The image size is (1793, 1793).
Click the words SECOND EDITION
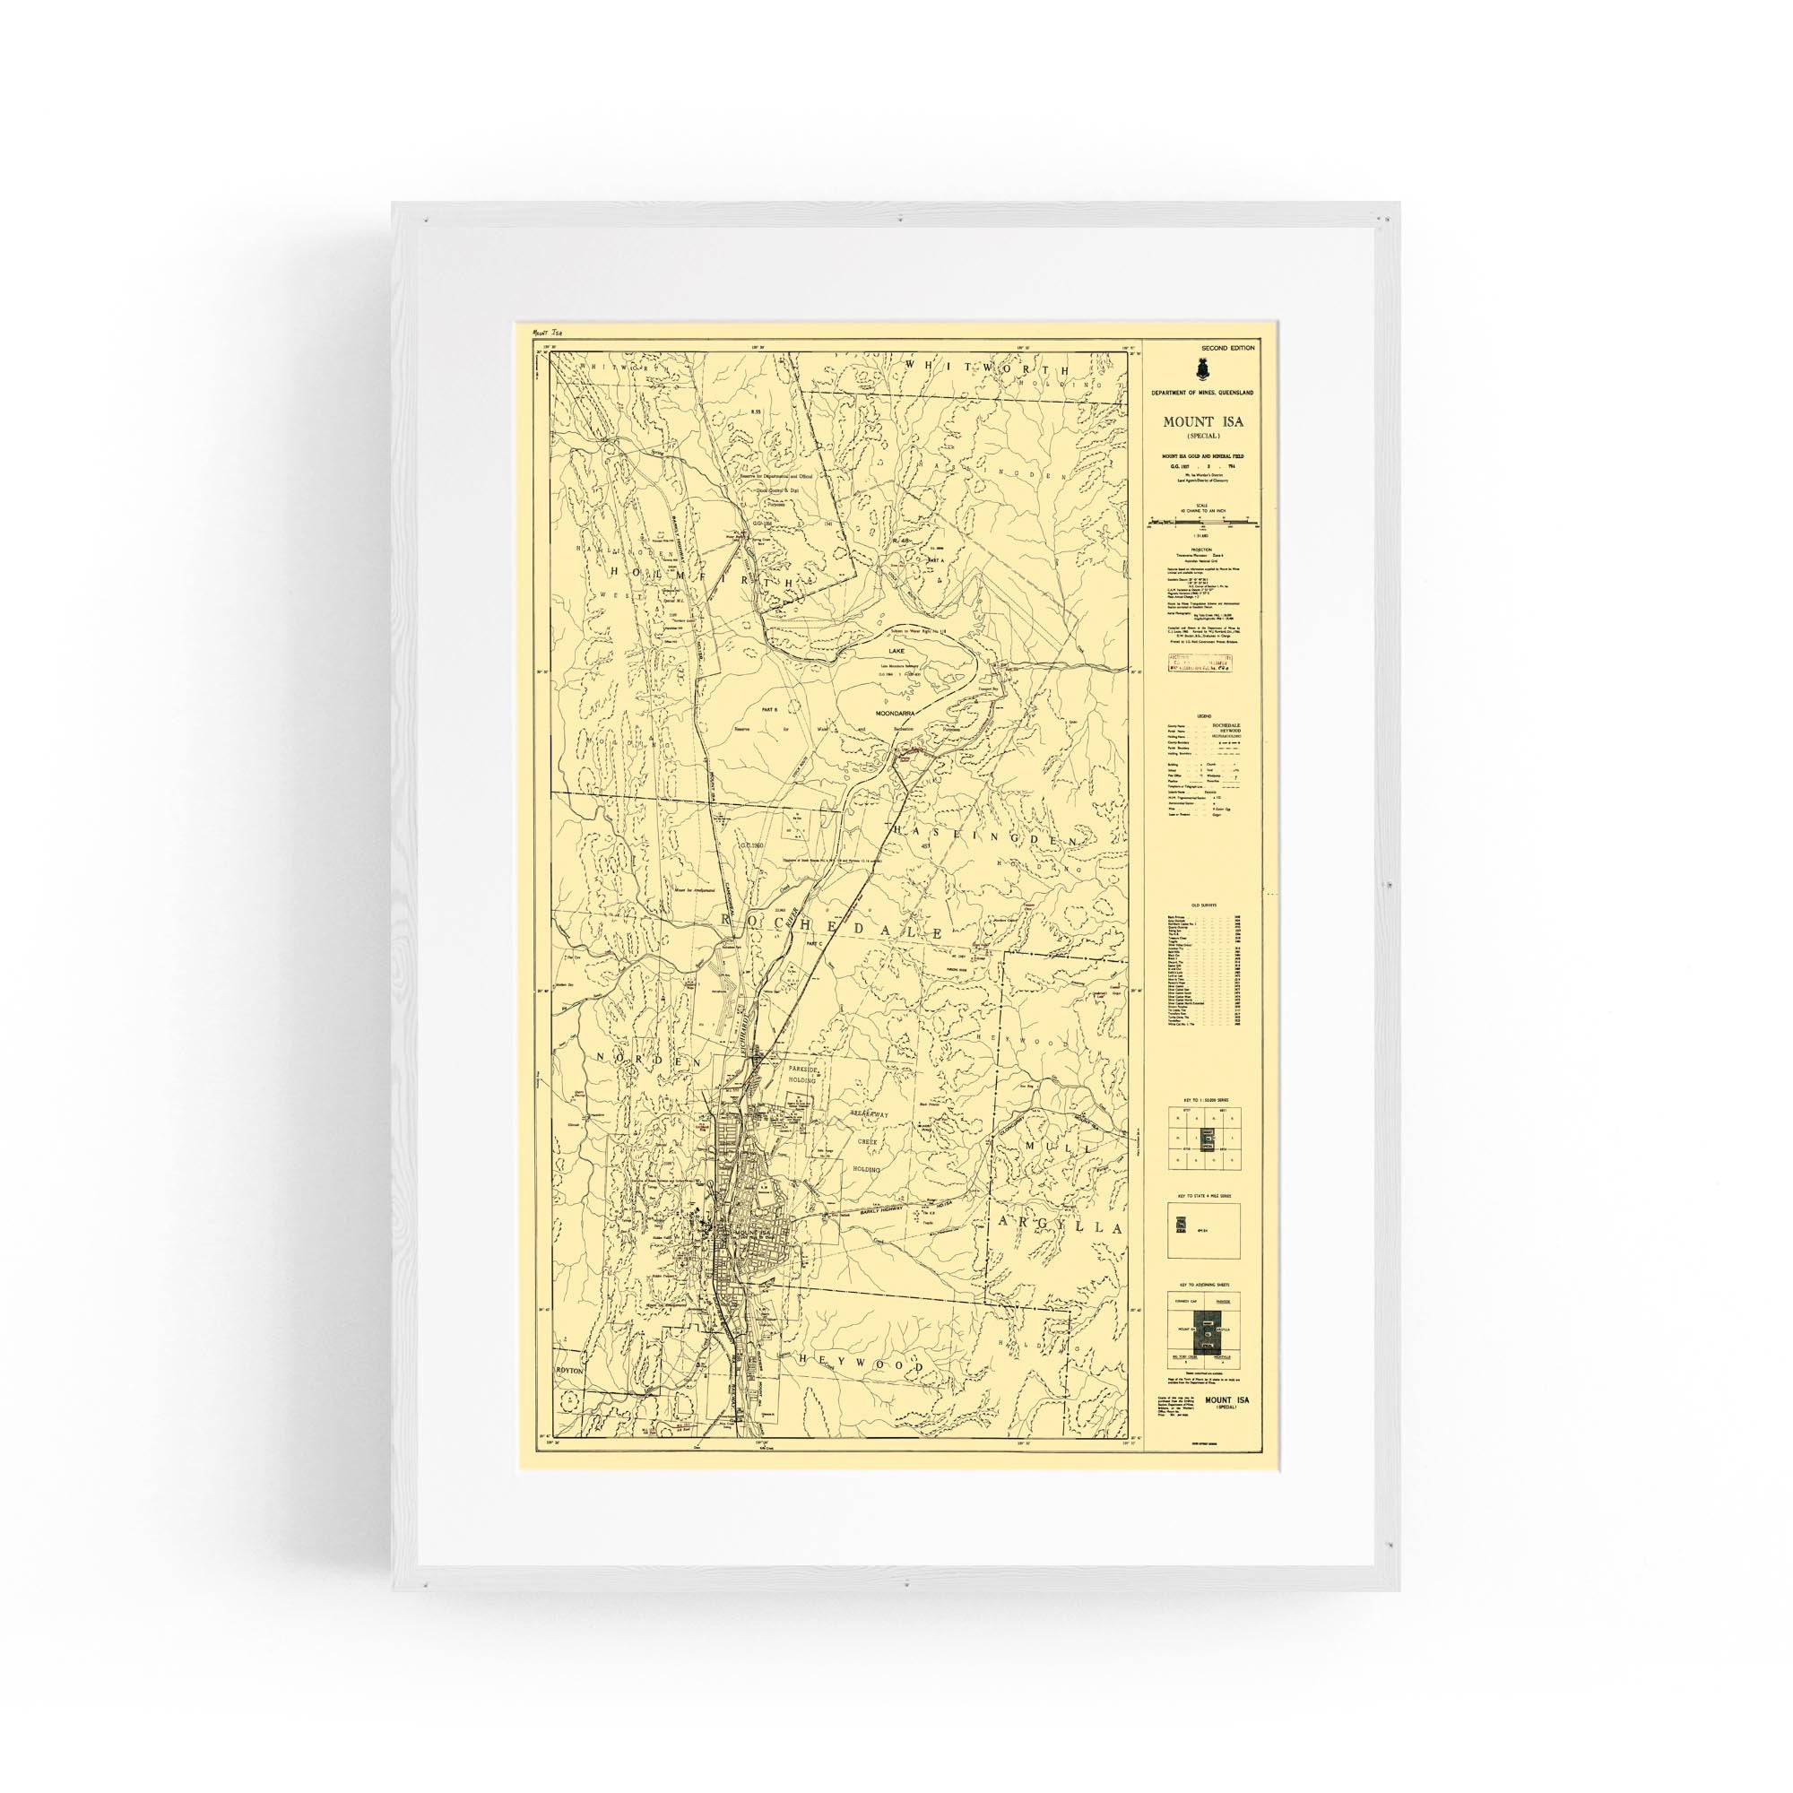[x=1226, y=348]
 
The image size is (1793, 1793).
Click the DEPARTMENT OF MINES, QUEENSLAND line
[x=1203, y=394]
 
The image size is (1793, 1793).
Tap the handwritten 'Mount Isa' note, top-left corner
[x=544, y=332]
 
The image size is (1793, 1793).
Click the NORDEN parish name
[x=639, y=1059]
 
